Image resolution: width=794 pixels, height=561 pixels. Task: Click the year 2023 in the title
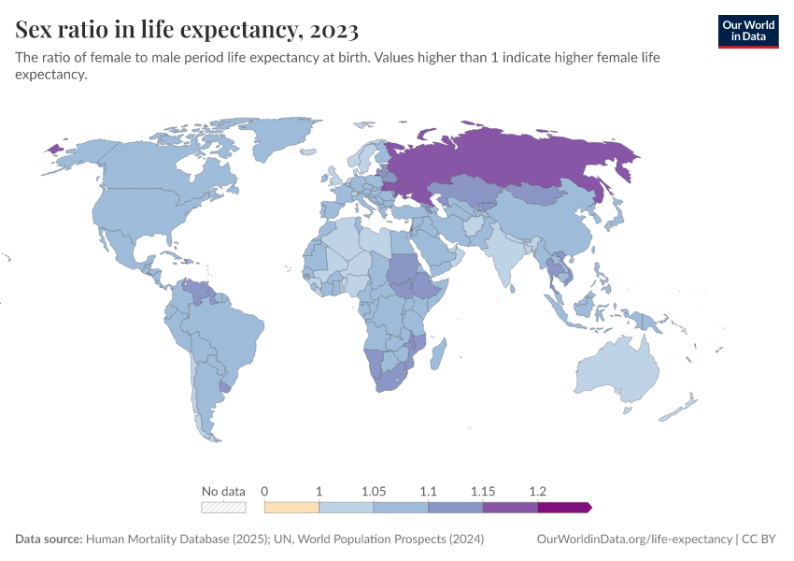point(331,31)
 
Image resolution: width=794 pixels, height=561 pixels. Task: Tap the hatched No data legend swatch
point(224,507)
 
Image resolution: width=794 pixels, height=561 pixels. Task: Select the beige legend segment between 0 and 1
point(291,507)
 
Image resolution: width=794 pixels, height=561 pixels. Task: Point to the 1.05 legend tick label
point(374,491)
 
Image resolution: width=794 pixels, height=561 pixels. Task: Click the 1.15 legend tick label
point(483,491)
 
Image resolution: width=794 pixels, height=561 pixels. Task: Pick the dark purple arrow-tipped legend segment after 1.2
point(563,507)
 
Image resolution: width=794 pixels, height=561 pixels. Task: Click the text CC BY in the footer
point(761,539)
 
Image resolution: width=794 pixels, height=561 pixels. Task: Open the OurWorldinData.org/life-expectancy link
point(634,539)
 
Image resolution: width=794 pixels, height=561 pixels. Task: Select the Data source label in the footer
point(48,539)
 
